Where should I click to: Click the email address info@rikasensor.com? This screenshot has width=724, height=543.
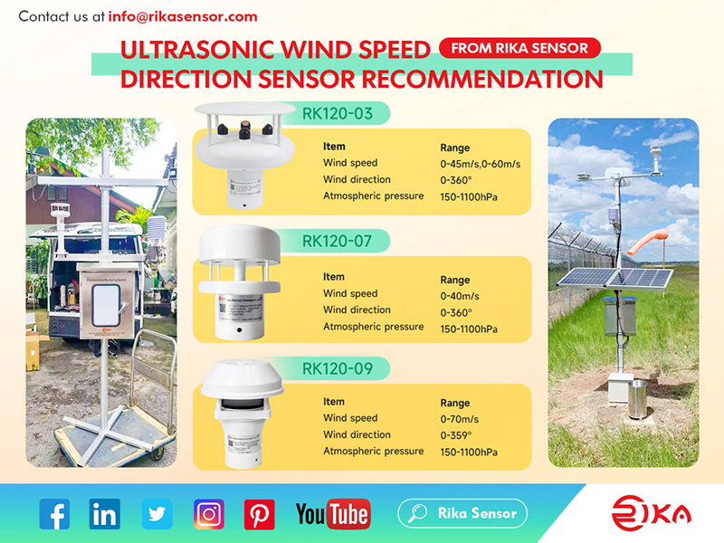click(x=183, y=16)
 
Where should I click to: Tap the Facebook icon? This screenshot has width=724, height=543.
click(x=54, y=514)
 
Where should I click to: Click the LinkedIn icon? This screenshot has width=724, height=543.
click(x=105, y=514)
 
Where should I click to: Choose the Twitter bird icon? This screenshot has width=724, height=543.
click(x=157, y=514)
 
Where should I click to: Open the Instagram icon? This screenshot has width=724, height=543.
click(x=209, y=514)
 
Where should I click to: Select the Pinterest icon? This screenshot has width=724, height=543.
click(x=260, y=514)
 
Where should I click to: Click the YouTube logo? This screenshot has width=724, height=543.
click(x=332, y=514)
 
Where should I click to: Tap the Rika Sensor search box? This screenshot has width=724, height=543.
click(x=462, y=513)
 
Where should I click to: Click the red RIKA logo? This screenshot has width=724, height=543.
click(x=651, y=514)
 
